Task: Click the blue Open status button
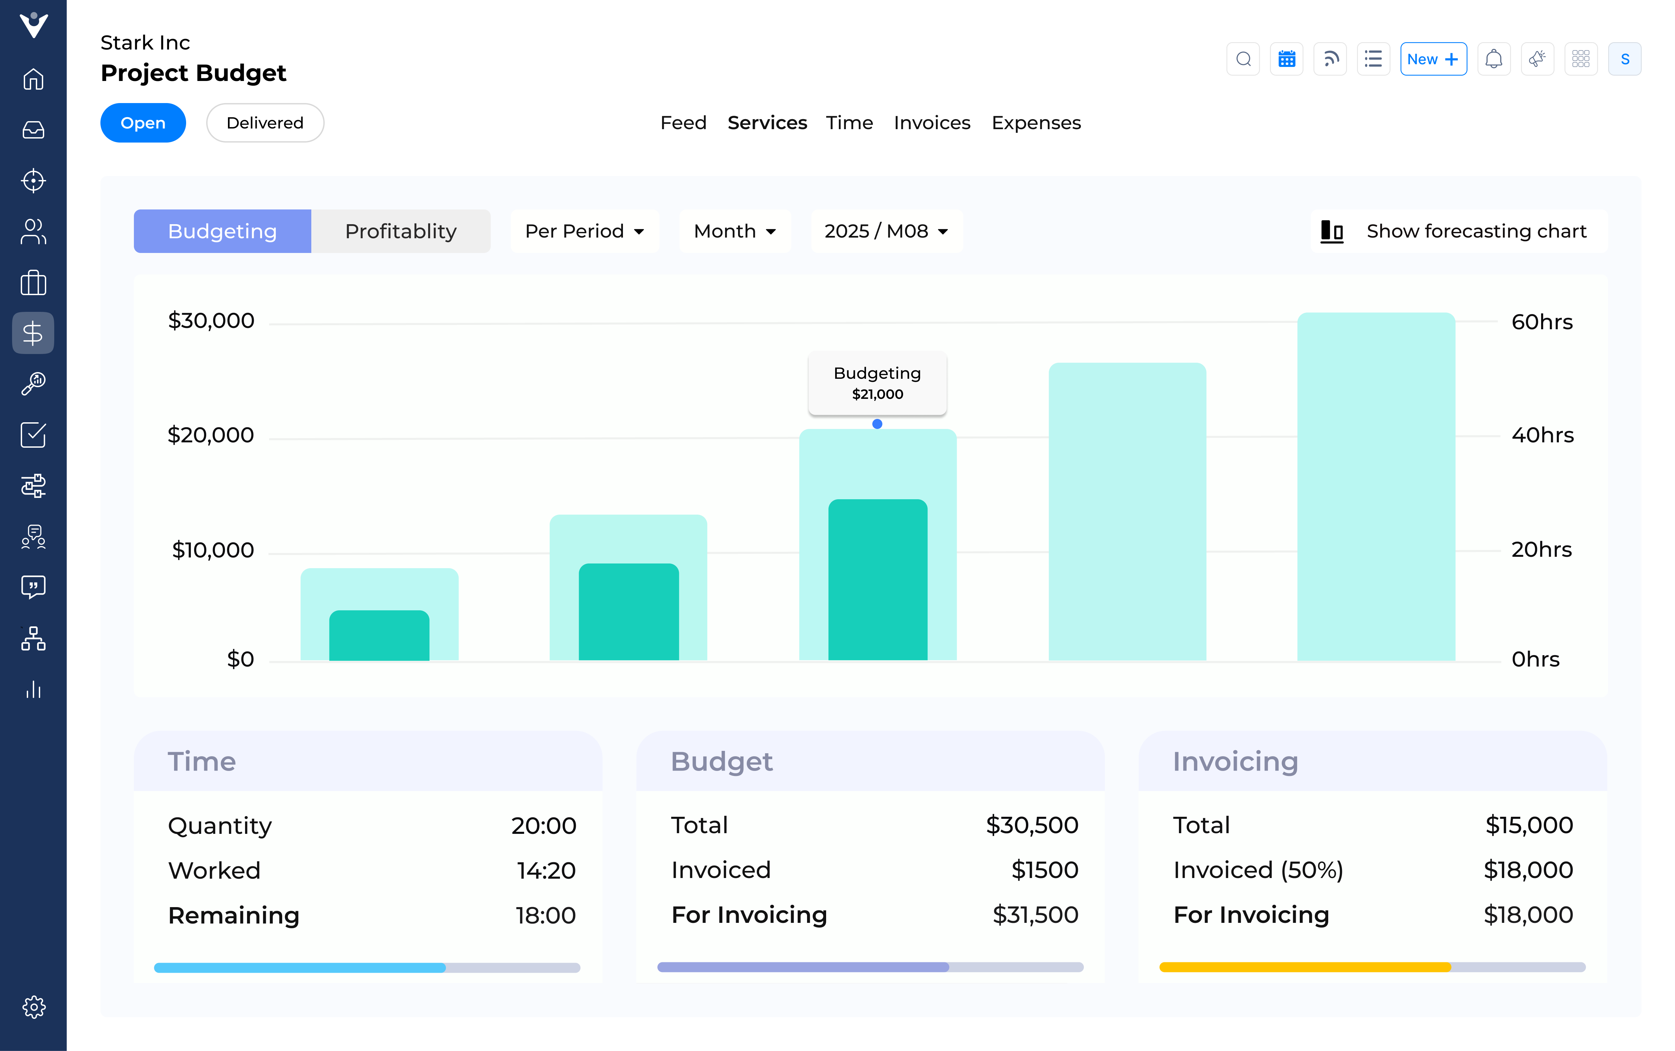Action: [143, 123]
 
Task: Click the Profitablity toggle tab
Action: [400, 231]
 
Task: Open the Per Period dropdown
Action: [584, 231]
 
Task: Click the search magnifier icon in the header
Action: [1243, 59]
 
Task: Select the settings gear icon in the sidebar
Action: [33, 1006]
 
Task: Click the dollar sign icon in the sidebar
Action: [33, 333]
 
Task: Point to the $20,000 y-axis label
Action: [211, 435]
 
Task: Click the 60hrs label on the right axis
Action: [1541, 322]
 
